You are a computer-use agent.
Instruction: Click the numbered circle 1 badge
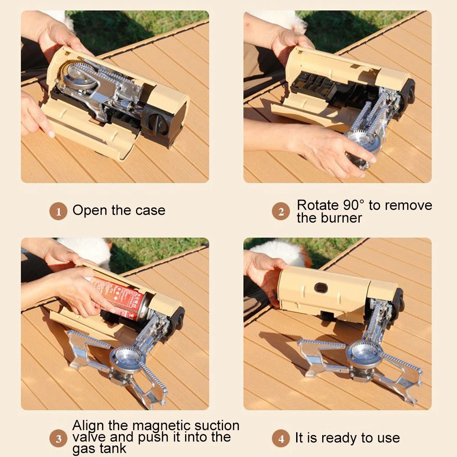point(58,211)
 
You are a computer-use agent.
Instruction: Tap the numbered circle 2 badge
point(281,211)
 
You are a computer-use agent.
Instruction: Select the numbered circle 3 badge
point(58,438)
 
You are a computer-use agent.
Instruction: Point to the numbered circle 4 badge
point(281,438)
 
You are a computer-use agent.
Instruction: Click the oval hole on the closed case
point(321,288)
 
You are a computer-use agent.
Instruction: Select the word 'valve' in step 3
point(89,437)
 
